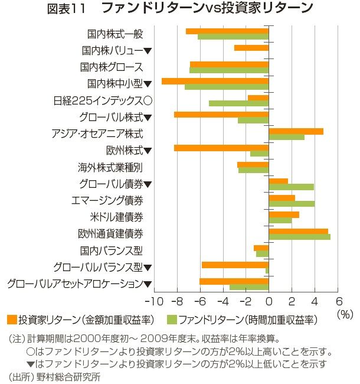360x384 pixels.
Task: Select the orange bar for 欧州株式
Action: pos(221,148)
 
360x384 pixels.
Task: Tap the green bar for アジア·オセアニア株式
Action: pos(286,137)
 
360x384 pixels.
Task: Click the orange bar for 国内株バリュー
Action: pos(251,48)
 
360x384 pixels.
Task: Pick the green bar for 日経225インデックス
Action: pos(238,103)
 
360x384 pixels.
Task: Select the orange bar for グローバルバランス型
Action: pos(235,265)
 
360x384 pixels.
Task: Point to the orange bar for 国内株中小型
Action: pos(215,81)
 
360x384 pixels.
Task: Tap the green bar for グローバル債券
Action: pos(291,187)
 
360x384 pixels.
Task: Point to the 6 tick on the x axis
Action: pos(338,300)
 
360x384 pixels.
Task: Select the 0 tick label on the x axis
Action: pos(269,300)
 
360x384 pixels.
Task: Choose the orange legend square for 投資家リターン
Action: pos(11,320)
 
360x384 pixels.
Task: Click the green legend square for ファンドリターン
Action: pos(172,320)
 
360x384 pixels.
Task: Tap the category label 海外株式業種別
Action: pos(110,167)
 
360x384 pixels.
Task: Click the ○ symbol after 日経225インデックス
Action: pos(148,100)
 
